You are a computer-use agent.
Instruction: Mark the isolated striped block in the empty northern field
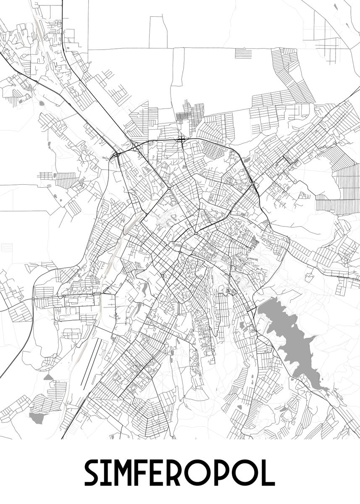243,54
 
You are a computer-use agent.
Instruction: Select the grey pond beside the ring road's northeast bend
246,160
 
